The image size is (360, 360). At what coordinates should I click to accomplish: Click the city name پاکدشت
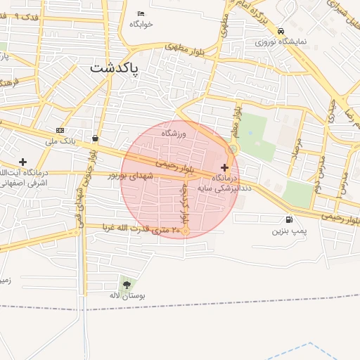(x=115, y=69)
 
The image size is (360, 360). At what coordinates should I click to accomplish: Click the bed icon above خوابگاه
(x=141, y=13)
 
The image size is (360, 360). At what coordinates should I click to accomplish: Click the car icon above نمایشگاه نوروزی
(x=281, y=31)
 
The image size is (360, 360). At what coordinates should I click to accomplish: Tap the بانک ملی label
(x=60, y=141)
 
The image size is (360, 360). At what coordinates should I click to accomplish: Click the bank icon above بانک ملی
(x=60, y=131)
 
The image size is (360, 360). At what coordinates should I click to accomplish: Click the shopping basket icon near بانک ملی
(x=95, y=138)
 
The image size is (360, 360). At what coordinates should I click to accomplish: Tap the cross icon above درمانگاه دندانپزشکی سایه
(x=224, y=167)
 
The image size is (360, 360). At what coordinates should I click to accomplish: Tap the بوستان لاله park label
(x=127, y=296)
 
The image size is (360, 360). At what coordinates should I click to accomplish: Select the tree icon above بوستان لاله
(x=127, y=285)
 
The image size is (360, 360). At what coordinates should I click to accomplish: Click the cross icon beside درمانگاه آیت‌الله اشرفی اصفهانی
(x=23, y=162)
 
